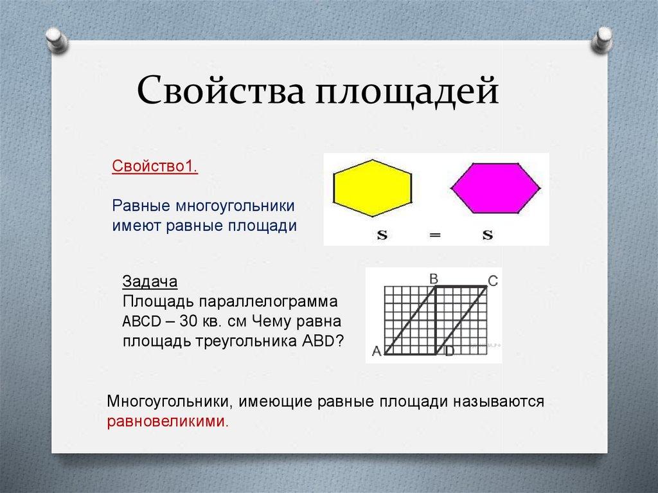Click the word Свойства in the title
click(x=221, y=91)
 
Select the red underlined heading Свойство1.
click(x=155, y=166)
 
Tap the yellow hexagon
click(x=372, y=188)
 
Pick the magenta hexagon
click(x=495, y=188)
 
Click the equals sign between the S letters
click(x=435, y=235)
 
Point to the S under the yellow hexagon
click(x=382, y=235)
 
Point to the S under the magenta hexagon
click(x=487, y=235)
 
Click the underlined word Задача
click(x=150, y=281)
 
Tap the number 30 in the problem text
click(x=188, y=321)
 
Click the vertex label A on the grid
click(x=377, y=351)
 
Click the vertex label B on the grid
click(x=434, y=278)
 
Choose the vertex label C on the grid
click(x=493, y=280)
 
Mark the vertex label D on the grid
click(x=449, y=351)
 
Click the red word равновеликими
click(x=168, y=421)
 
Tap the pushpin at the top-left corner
click(x=57, y=40)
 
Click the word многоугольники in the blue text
click(x=235, y=206)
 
